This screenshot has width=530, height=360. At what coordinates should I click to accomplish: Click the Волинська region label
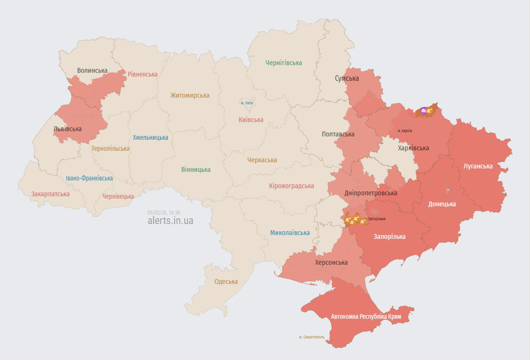tap(92, 70)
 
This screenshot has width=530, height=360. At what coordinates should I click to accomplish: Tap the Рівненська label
tap(143, 74)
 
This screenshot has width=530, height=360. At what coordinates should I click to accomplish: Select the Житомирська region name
tap(190, 95)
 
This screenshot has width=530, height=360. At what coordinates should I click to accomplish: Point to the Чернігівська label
tap(284, 63)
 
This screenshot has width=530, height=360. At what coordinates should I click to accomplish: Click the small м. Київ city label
tap(247, 103)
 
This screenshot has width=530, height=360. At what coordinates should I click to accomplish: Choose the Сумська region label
tap(347, 78)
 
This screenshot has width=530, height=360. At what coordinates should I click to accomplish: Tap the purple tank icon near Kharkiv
tap(423, 111)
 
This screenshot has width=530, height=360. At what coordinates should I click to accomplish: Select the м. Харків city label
tap(405, 131)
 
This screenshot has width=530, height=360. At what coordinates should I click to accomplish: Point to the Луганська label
tap(478, 166)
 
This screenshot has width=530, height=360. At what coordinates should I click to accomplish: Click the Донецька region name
tap(442, 204)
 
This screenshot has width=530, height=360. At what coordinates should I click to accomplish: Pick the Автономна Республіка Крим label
tap(366, 316)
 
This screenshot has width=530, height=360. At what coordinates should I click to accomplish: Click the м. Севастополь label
tap(311, 337)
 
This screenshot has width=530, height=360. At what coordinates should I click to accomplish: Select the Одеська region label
tap(226, 281)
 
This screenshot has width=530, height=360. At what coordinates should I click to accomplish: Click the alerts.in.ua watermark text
tap(170, 221)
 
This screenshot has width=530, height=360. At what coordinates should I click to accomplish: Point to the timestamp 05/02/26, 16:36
tap(164, 213)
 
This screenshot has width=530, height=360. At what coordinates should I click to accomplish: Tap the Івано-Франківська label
tap(89, 178)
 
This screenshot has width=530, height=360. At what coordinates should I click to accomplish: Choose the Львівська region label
tap(67, 129)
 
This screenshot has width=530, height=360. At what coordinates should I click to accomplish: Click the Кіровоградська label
tap(291, 186)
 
